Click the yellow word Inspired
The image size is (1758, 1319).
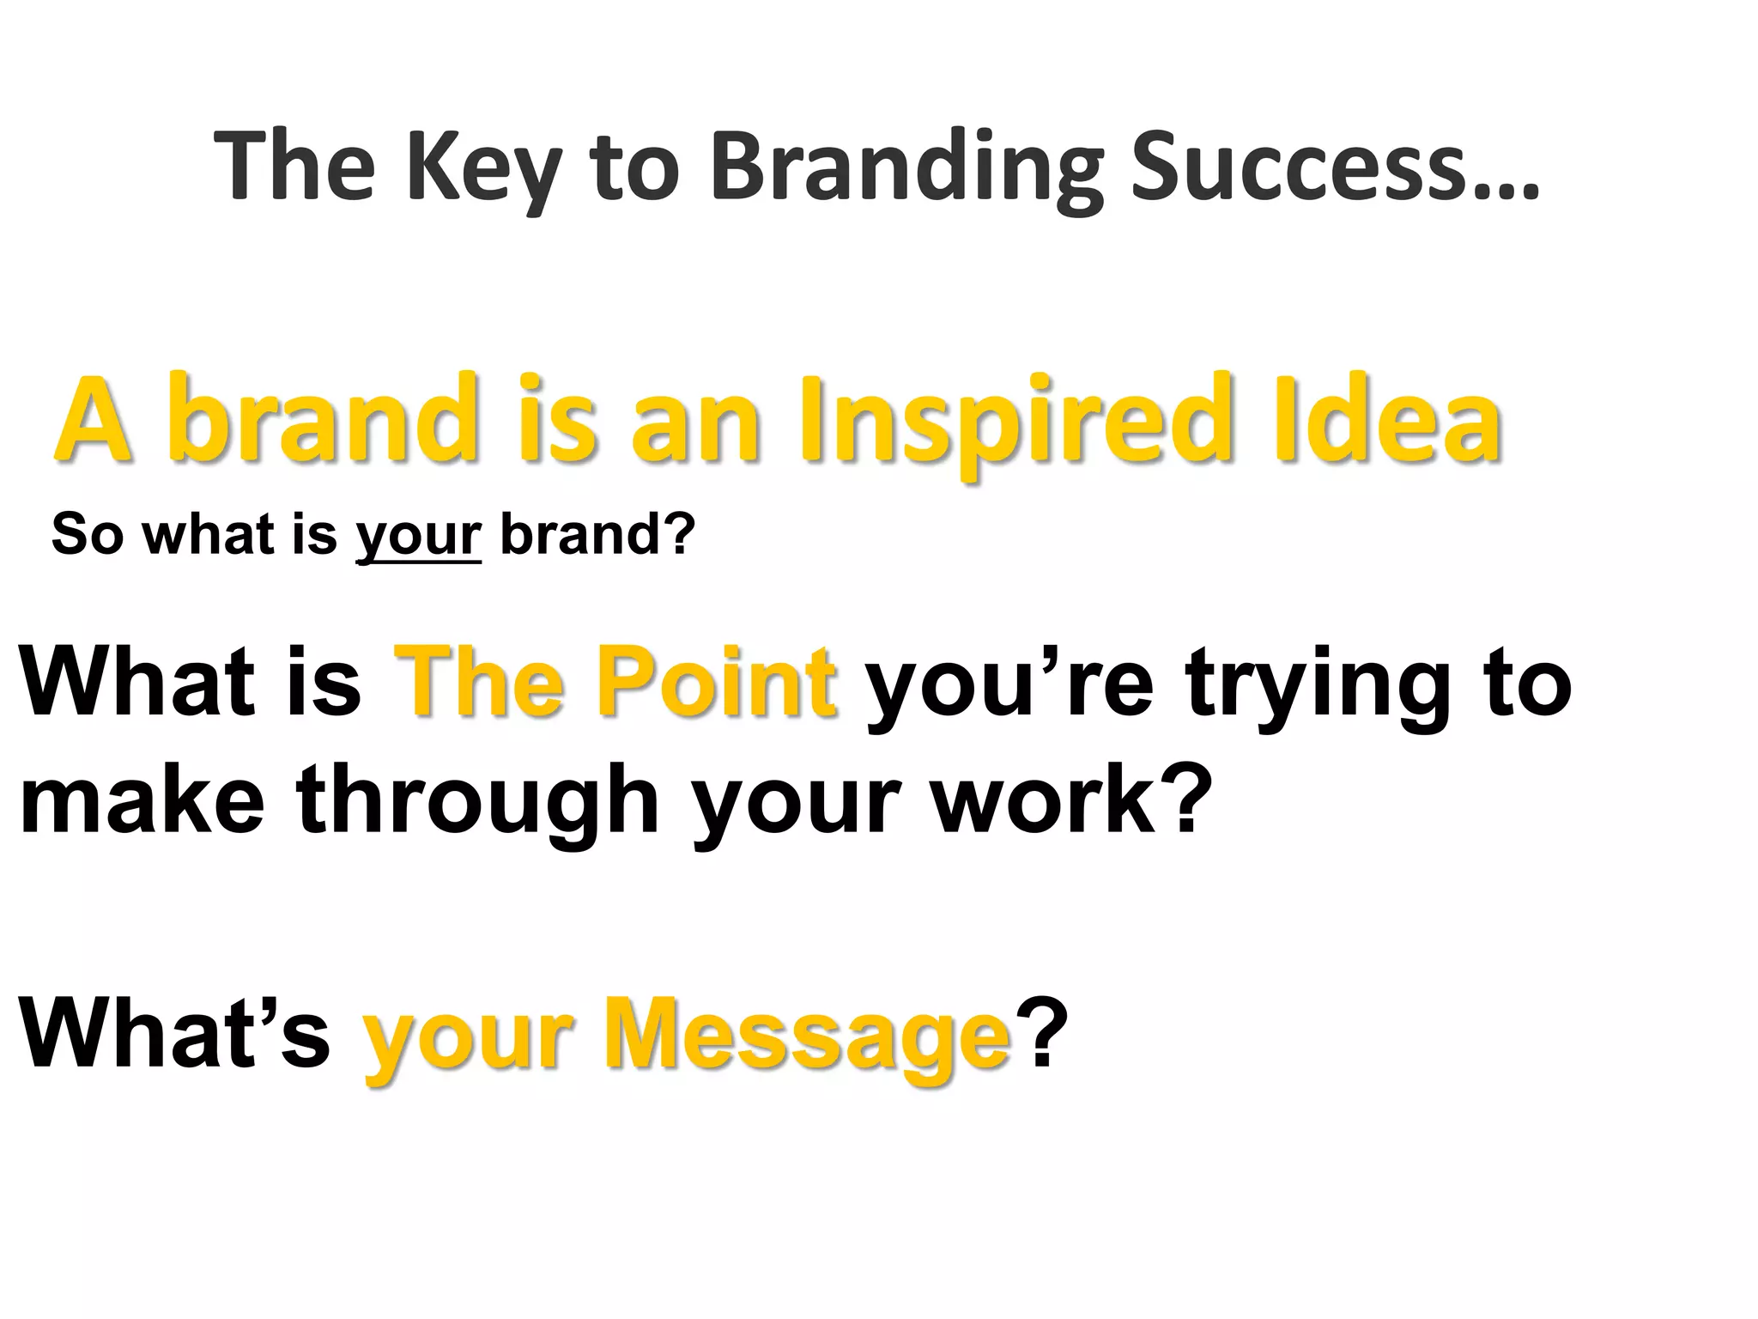click(x=1009, y=421)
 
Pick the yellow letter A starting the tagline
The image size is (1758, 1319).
click(x=94, y=421)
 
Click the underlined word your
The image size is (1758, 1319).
click(x=418, y=535)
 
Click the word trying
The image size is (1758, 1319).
click(x=1317, y=684)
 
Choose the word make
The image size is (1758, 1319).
click(x=142, y=799)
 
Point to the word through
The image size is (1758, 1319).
click(x=477, y=799)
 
